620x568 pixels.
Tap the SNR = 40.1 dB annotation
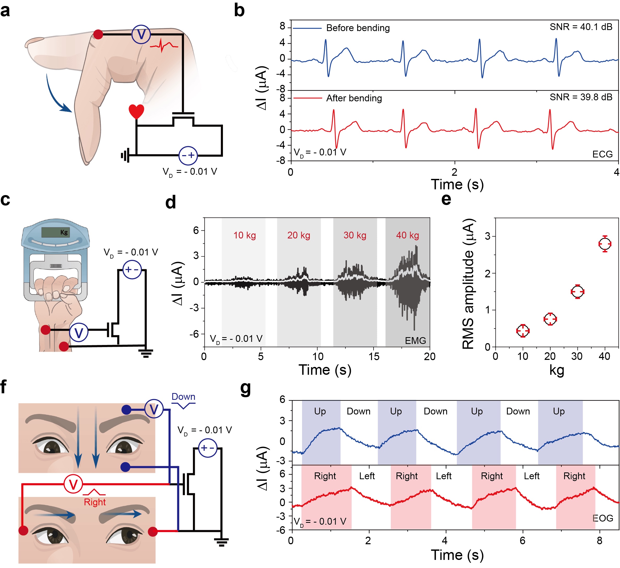click(x=581, y=27)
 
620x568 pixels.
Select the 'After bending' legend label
click(x=354, y=98)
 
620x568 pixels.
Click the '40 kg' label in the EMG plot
click(x=408, y=235)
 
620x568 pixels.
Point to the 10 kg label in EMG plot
click(x=245, y=235)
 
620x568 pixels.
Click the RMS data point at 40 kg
click(x=605, y=244)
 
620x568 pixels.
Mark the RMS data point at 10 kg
click(x=523, y=331)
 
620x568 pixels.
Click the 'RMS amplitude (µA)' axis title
click(x=468, y=284)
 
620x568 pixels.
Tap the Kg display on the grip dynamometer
click(x=56, y=232)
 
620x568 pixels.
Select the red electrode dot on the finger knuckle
click(x=98, y=34)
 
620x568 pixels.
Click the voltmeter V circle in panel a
click(x=141, y=34)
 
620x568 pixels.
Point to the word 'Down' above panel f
click(x=183, y=397)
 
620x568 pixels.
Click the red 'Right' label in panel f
click(x=95, y=502)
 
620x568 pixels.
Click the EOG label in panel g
click(x=603, y=518)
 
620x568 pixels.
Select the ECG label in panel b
click(x=603, y=154)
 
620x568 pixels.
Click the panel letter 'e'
click(x=446, y=199)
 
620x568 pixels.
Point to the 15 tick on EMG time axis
click(x=374, y=357)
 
